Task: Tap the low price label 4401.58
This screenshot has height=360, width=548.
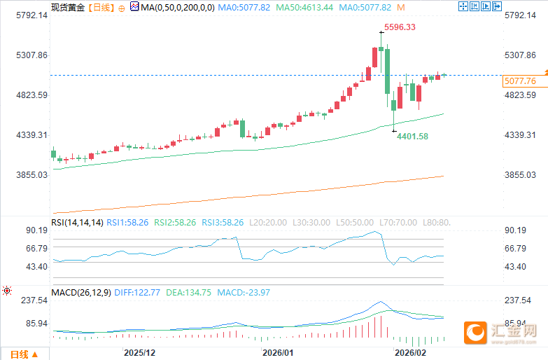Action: [x=412, y=137]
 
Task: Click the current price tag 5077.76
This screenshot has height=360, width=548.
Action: [x=519, y=81]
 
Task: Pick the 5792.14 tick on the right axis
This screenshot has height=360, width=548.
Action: [x=519, y=15]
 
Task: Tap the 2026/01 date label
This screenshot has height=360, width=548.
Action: [x=278, y=352]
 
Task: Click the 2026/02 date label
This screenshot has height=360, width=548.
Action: [x=410, y=352]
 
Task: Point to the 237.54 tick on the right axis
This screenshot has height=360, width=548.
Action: [x=519, y=300]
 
